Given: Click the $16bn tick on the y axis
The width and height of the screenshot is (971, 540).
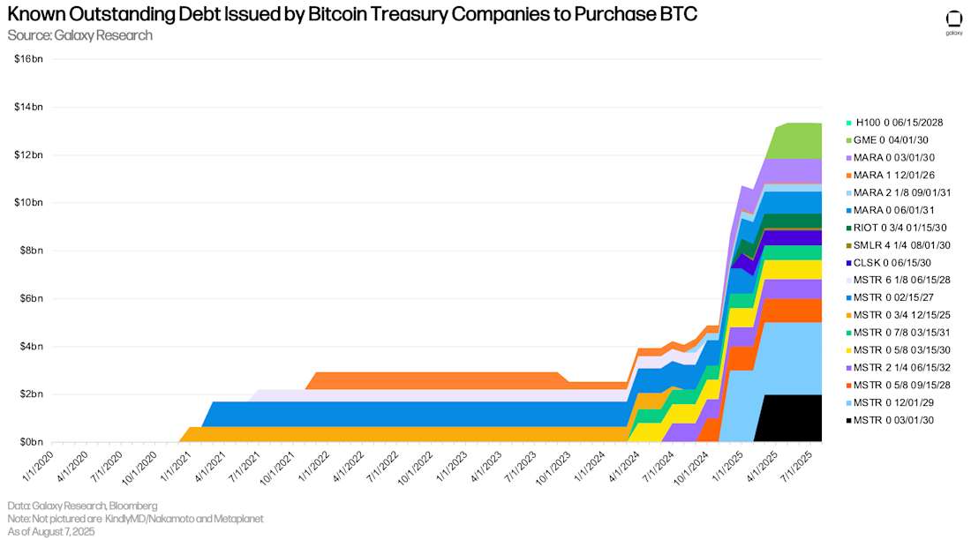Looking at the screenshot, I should coord(29,59).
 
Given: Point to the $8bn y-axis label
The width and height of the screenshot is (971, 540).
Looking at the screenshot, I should coord(31,251).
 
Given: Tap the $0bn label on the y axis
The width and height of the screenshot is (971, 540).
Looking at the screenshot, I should coord(31,442).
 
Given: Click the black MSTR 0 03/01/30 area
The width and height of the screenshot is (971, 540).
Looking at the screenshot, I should coord(790,419).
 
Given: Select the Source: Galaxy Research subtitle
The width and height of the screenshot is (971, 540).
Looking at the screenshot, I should coord(79,35).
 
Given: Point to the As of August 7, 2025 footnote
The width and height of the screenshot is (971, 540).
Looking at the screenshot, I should coord(51,531).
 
